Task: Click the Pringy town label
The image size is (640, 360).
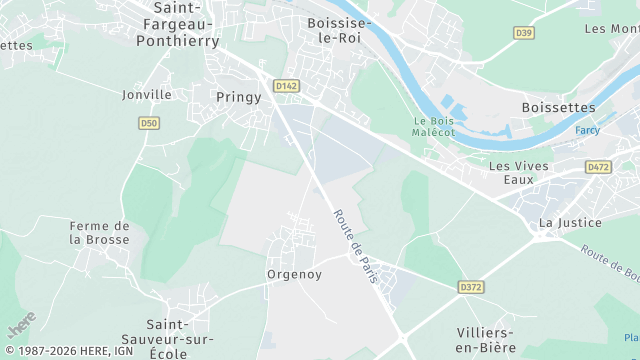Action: [x=238, y=97]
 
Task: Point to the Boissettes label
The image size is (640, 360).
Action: [x=558, y=107]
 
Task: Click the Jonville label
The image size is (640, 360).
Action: [x=147, y=94]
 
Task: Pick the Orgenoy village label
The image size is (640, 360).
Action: [x=294, y=274]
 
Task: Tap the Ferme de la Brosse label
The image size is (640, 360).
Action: [x=99, y=233]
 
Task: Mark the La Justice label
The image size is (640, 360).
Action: [x=570, y=222]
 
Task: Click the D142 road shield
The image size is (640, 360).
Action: [x=287, y=86]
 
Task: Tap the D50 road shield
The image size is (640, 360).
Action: [x=149, y=123]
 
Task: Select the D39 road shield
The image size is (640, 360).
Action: [x=523, y=33]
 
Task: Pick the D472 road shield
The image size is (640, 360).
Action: [x=599, y=167]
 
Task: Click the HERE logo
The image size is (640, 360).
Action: [x=22, y=324]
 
